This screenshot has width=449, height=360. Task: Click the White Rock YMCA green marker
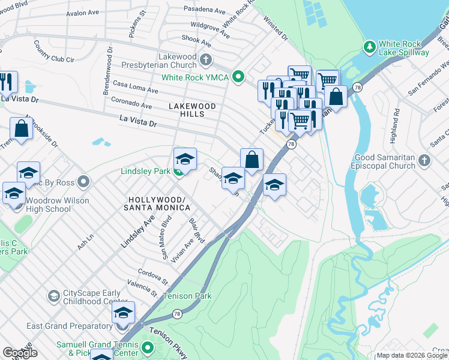tap(238, 77)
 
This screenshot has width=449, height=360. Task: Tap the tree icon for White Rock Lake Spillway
tap(370, 46)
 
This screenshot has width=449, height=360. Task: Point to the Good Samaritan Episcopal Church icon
tap(424, 160)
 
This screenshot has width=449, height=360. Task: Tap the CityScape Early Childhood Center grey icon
tap(53, 296)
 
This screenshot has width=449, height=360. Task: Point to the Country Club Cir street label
tap(53, 51)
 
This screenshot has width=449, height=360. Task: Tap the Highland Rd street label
tap(396, 120)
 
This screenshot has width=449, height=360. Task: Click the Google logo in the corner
tap(20, 353)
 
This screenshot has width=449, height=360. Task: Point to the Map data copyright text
tap(411, 355)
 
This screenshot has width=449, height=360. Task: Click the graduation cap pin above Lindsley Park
tap(185, 160)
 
